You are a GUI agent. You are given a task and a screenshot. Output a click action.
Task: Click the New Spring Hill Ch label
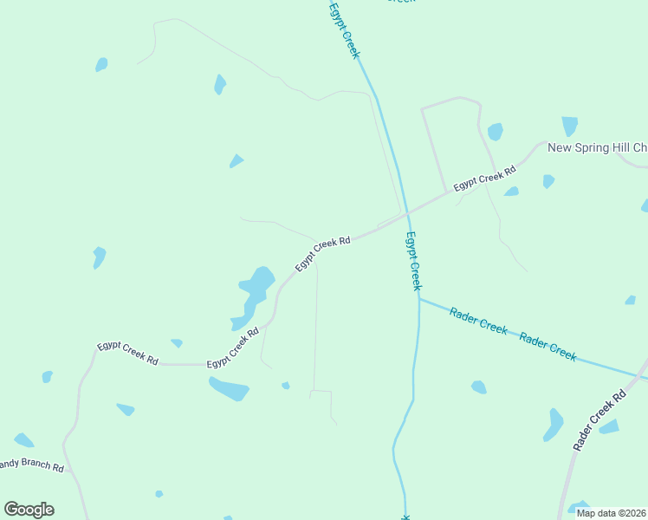pyautogui.click(x=597, y=147)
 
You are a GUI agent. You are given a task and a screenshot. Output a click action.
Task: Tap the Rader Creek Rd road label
pyautogui.click(x=599, y=420)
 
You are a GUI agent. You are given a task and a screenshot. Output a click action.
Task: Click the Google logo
pyautogui.click(x=29, y=510)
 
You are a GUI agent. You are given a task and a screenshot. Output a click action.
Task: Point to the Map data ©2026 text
pyautogui.click(x=611, y=513)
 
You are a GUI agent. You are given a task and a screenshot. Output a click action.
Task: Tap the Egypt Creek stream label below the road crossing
pyautogui.click(x=414, y=260)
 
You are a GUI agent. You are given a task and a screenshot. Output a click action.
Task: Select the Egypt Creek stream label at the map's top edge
pyautogui.click(x=344, y=30)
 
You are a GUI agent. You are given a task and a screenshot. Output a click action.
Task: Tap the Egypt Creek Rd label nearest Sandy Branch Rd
pyautogui.click(x=127, y=352)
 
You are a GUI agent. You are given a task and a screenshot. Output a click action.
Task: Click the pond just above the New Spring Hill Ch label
pyautogui.click(x=569, y=127)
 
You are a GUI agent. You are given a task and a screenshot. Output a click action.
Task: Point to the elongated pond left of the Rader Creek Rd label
pyautogui.click(x=553, y=425)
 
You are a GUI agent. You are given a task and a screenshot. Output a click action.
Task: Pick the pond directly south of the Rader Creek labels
pyautogui.click(x=478, y=387)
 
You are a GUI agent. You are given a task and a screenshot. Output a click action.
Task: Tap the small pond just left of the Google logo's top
pyautogui.click(x=23, y=440)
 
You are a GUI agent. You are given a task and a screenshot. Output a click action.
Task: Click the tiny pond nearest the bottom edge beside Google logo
pyautogui.click(x=159, y=494)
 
